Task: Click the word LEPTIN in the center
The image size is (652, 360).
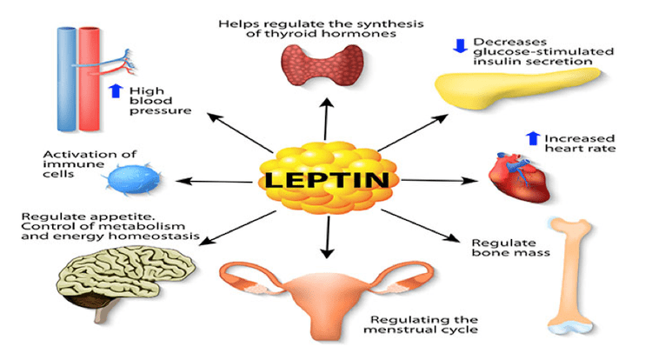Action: pyautogui.click(x=327, y=180)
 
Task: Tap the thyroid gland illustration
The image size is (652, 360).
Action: pyautogui.click(x=322, y=65)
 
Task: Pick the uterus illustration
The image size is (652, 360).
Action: pyautogui.click(x=326, y=295)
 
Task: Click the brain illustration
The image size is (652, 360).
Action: pyautogui.click(x=125, y=277)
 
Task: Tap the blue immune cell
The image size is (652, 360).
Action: pyautogui.click(x=133, y=179)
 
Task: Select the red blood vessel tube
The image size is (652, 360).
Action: pyautogui.click(x=90, y=78)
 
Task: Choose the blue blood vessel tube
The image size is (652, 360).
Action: pyautogui.click(x=67, y=78)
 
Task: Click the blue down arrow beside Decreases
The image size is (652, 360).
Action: pyautogui.click(x=460, y=46)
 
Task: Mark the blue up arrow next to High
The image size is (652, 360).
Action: pyautogui.click(x=116, y=90)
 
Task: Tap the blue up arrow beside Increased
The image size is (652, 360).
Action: pyautogui.click(x=533, y=138)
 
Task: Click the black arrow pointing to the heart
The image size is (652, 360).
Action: pyautogui.click(x=440, y=180)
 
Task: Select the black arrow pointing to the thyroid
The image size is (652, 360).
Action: pyautogui.click(x=326, y=119)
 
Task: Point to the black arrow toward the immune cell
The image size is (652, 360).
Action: pyautogui.click(x=214, y=181)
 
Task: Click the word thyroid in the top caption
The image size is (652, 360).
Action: pyautogui.click(x=283, y=34)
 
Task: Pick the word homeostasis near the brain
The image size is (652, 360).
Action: pyautogui.click(x=167, y=237)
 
